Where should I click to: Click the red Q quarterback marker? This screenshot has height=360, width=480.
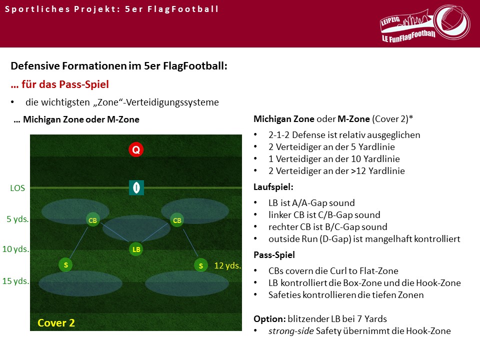click(x=136, y=149)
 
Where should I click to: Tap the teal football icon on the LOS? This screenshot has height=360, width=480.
click(x=136, y=187)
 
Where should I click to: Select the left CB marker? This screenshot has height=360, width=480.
click(x=93, y=220)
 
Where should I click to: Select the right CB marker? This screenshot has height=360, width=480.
click(x=177, y=220)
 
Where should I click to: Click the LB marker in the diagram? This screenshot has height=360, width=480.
click(x=136, y=249)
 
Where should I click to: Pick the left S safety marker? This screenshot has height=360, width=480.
click(x=65, y=265)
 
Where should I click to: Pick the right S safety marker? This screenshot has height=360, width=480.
click(x=201, y=265)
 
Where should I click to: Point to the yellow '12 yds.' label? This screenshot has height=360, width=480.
click(x=227, y=265)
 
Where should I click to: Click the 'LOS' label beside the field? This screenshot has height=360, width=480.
click(x=17, y=188)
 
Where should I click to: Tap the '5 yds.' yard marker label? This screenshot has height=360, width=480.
click(x=18, y=219)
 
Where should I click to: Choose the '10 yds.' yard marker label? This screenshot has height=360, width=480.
click(x=15, y=249)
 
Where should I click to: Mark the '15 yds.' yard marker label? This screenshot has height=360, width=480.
click(x=15, y=280)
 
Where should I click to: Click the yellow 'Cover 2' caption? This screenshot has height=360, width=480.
click(x=56, y=322)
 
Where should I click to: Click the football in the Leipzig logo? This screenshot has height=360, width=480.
click(x=451, y=22)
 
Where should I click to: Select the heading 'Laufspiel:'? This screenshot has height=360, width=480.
click(x=273, y=186)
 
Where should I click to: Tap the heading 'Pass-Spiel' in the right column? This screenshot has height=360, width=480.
click(x=274, y=254)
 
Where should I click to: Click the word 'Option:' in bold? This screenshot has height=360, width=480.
click(x=269, y=319)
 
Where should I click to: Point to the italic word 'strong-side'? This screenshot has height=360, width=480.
click(x=291, y=331)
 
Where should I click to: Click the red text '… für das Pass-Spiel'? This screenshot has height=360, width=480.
click(x=59, y=84)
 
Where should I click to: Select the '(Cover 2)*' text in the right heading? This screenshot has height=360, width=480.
click(x=392, y=119)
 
